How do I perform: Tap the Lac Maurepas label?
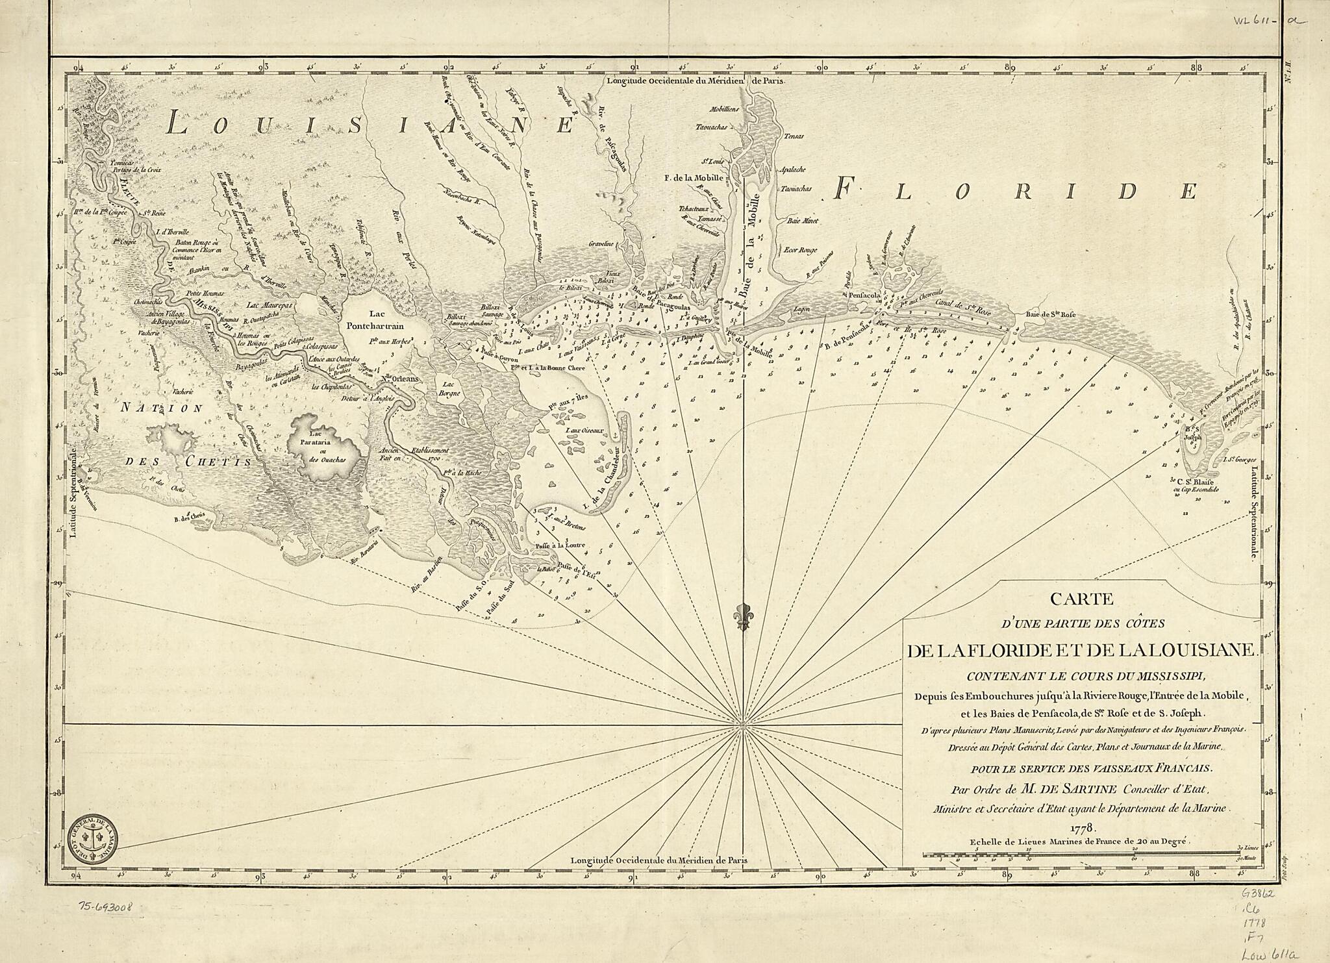(271, 304)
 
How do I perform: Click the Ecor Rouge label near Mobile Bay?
(799, 249)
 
